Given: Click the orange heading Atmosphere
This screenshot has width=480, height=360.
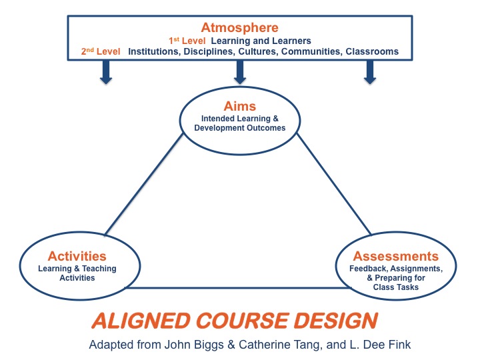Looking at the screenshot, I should (239, 28).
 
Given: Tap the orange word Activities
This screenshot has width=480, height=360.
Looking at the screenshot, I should (77, 256).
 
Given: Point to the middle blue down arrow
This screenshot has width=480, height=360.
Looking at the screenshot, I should (240, 71).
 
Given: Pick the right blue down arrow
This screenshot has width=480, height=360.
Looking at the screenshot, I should (368, 71).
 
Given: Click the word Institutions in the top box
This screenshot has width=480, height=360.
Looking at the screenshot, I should (154, 51).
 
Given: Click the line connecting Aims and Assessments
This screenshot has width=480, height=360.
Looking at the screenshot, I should (333, 187).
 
